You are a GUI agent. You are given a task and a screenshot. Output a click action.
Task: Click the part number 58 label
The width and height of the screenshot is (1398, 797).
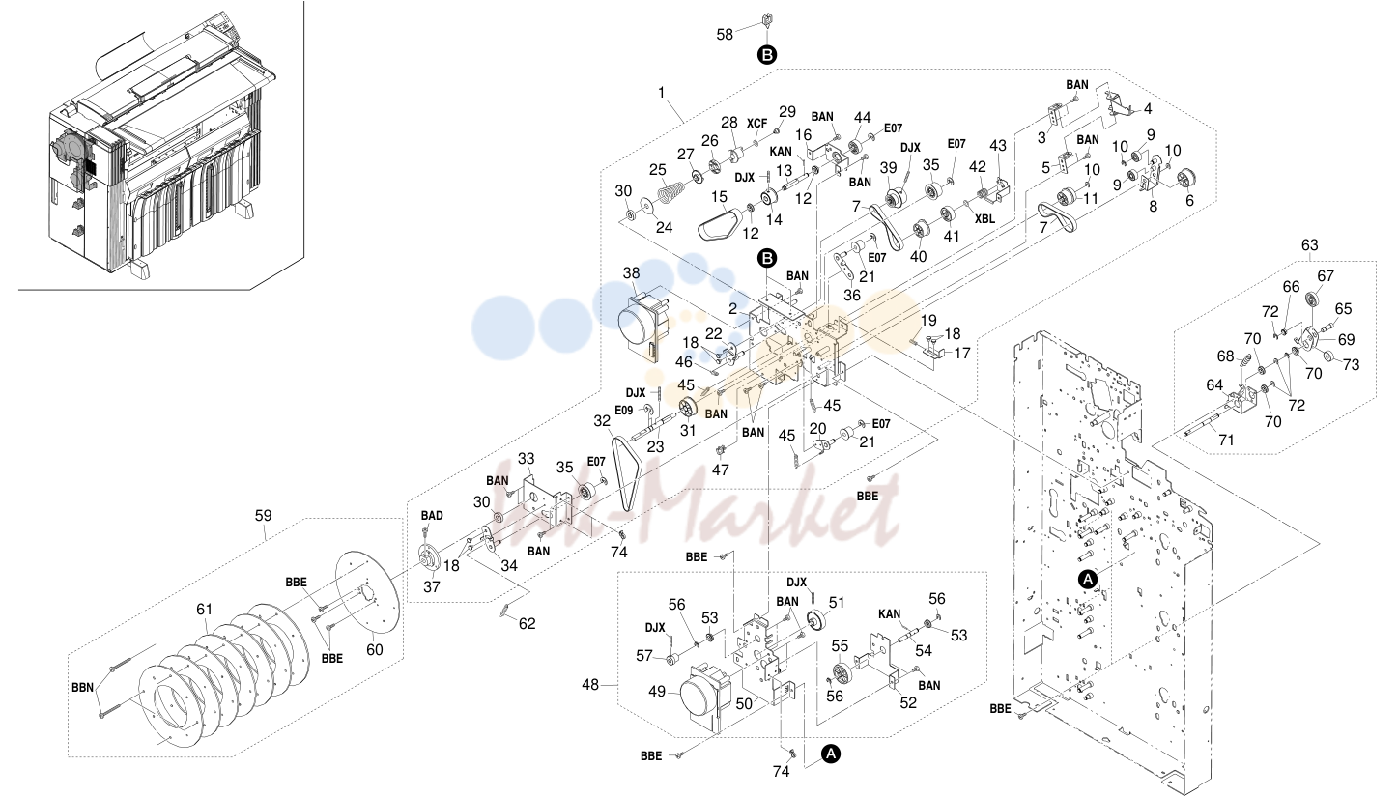tap(725, 35)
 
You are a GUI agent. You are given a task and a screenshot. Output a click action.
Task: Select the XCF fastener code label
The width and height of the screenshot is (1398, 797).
tap(757, 124)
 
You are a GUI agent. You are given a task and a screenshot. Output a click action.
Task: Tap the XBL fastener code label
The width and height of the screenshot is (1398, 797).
tap(984, 219)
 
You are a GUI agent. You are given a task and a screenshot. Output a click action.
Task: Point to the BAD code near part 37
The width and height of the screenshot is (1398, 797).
tap(432, 515)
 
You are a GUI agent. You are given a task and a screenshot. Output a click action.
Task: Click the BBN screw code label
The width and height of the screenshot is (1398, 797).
tap(82, 688)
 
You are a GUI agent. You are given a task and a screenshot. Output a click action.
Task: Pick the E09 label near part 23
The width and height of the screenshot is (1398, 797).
tap(624, 410)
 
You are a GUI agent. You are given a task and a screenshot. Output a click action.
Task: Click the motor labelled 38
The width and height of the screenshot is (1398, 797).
tap(641, 324)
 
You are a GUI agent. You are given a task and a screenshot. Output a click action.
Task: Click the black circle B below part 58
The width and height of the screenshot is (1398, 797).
tap(767, 55)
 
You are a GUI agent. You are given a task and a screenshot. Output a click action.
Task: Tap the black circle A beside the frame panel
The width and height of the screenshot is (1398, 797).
tap(1088, 580)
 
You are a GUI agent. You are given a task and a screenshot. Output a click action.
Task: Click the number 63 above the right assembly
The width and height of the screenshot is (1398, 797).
tap(1309, 244)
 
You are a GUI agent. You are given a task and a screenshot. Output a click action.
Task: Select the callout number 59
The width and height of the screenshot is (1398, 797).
tap(264, 516)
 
